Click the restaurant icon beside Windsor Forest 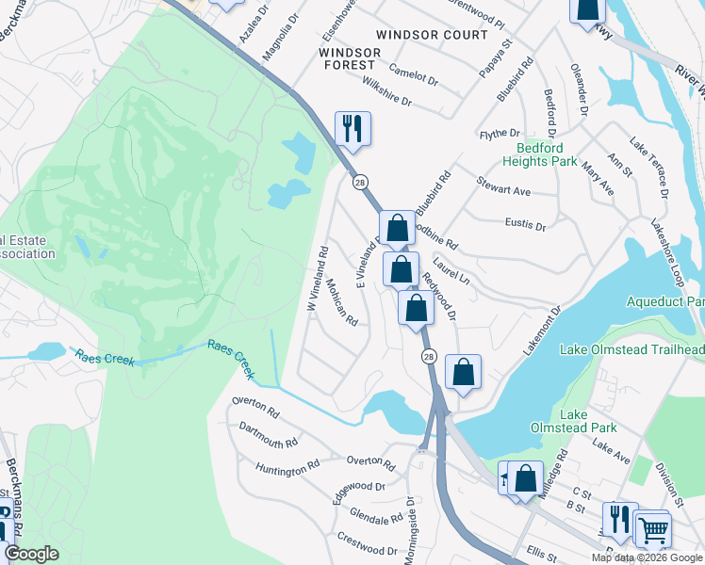point(352,129)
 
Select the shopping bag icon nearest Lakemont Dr point(463,371)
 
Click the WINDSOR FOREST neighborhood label point(347,58)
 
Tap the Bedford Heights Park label point(546,155)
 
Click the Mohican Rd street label point(342,301)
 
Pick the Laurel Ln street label point(451,273)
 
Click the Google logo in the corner point(31,554)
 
